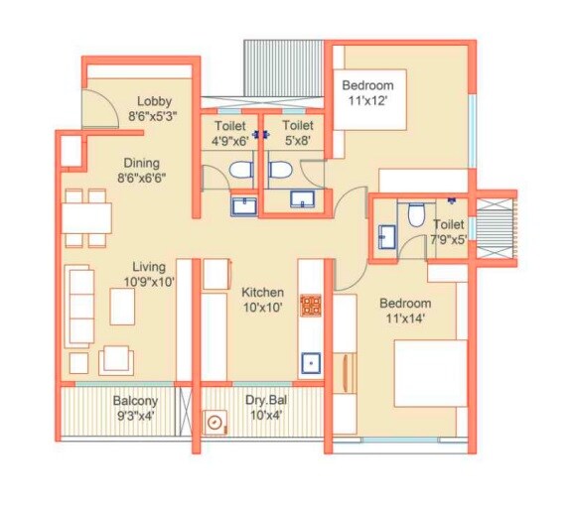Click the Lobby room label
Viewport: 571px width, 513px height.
155,100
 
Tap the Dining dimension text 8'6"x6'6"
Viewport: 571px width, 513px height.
141,180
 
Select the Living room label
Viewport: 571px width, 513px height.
150,266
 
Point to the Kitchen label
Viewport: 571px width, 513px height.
262,293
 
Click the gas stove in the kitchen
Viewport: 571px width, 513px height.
311,306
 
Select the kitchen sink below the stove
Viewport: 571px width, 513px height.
312,362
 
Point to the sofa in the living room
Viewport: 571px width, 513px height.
81,305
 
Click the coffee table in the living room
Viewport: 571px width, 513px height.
121,308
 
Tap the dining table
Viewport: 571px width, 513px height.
86,215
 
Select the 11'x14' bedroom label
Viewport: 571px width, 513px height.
404,310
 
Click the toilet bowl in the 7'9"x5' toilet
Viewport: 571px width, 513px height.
417,214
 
